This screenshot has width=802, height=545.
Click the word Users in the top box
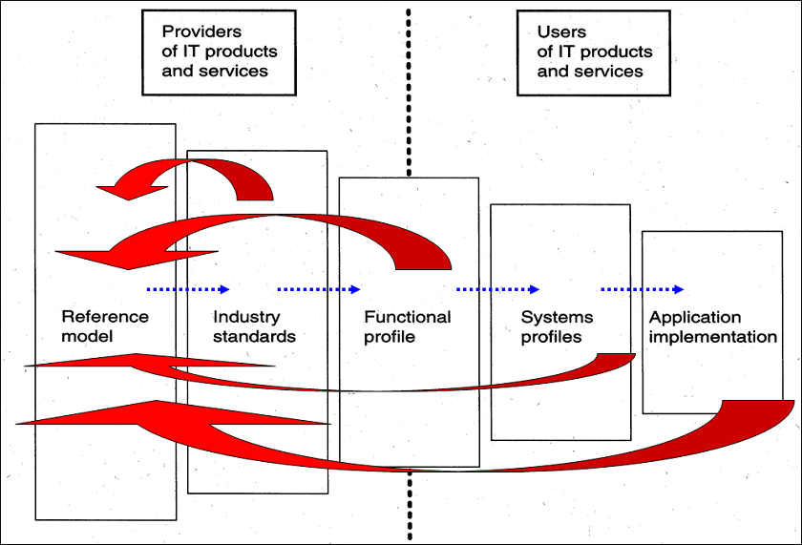[x=561, y=32]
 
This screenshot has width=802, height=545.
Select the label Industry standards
[x=254, y=326]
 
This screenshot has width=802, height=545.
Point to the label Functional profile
[x=408, y=326]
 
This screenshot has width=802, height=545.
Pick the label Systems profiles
[x=557, y=326]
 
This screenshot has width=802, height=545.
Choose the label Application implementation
[x=712, y=326]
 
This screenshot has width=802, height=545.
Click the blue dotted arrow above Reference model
[x=188, y=289]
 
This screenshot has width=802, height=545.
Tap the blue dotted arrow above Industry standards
[x=319, y=289]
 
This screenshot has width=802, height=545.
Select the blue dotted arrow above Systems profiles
[x=497, y=289]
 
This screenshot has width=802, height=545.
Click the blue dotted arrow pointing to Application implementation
[x=643, y=289]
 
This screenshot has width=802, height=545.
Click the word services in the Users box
[x=611, y=72]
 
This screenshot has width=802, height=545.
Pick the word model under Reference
[x=87, y=336]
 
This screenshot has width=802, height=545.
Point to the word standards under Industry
[x=254, y=336]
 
